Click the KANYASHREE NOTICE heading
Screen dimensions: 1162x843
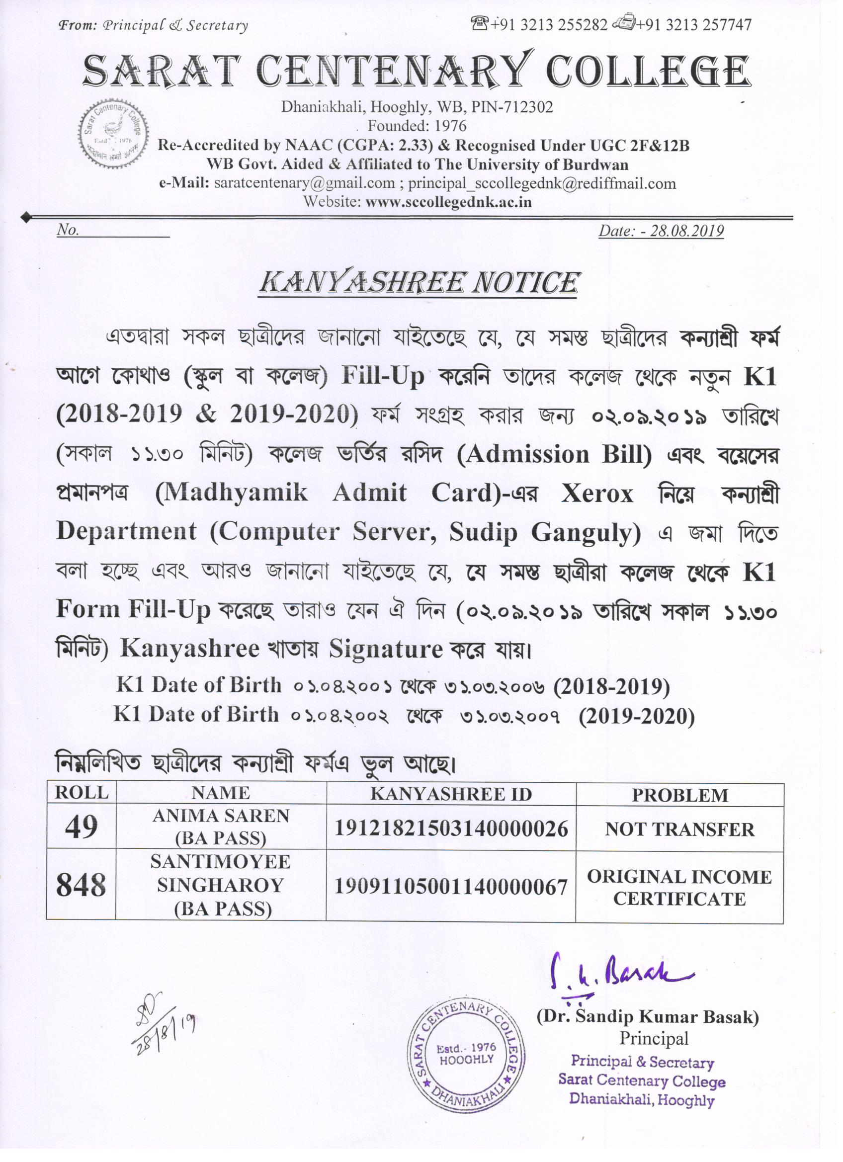tap(419, 283)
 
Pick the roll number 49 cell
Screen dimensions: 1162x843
tap(81, 827)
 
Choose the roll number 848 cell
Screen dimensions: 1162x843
tap(81, 885)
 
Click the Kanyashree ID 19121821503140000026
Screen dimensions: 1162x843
tap(451, 828)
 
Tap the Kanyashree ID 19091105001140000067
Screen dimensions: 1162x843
tap(451, 886)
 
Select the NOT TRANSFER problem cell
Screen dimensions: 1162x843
tap(679, 829)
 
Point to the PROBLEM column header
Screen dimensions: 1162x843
tap(679, 795)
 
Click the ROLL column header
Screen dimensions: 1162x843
tap(82, 793)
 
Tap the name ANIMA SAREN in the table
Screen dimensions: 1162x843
tap(221, 816)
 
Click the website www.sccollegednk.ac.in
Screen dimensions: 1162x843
tap(448, 201)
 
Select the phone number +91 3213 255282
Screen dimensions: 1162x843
tap(548, 24)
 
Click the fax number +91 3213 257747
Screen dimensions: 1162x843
tap(694, 24)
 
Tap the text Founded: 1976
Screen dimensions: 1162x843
tap(417, 126)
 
